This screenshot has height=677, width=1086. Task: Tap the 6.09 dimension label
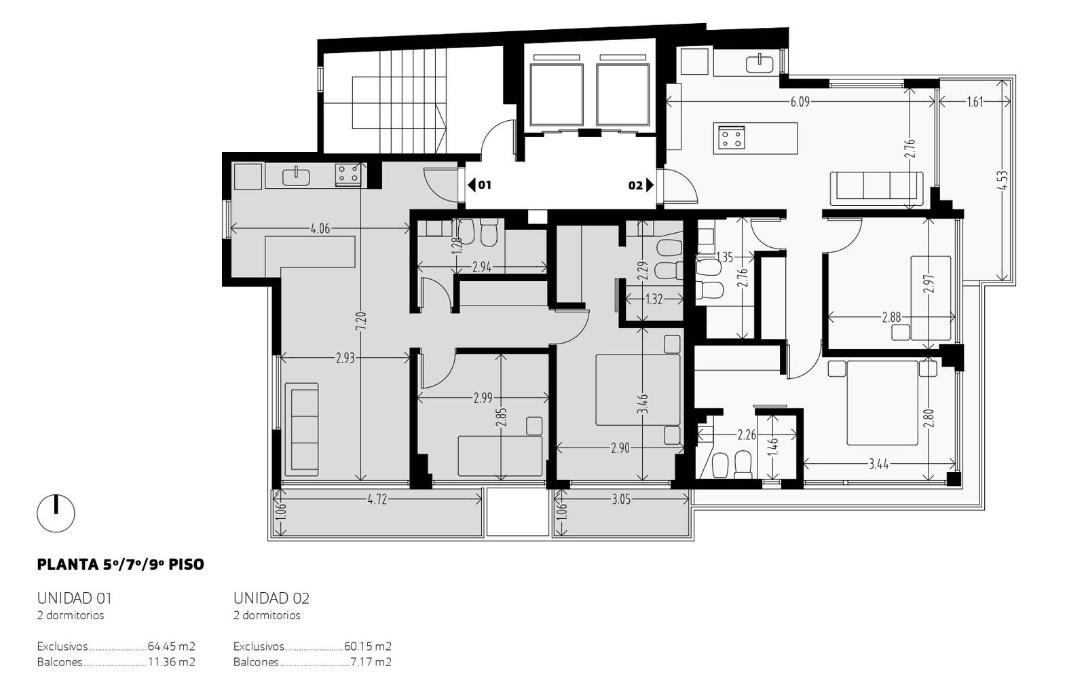[x=800, y=102]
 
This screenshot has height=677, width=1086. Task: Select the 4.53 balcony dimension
[x=1003, y=180]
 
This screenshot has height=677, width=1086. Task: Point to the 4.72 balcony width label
[x=377, y=500]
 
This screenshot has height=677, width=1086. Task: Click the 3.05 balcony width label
[x=620, y=500]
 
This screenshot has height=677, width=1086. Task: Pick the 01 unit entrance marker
[x=479, y=185]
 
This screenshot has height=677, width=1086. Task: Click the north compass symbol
[x=56, y=513]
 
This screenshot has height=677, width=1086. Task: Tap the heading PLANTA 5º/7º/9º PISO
[x=121, y=564]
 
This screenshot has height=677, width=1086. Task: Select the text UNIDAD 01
[x=75, y=598]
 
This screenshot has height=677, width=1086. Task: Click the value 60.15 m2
[x=367, y=646]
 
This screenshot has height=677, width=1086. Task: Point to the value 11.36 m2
[x=172, y=662]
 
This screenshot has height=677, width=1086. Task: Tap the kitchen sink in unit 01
[x=296, y=176]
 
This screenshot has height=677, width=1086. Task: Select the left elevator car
[x=557, y=95]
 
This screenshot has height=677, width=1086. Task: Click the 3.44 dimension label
[x=878, y=464]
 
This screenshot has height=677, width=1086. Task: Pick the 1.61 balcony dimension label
[x=975, y=102]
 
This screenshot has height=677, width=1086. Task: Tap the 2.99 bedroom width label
[x=483, y=398]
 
